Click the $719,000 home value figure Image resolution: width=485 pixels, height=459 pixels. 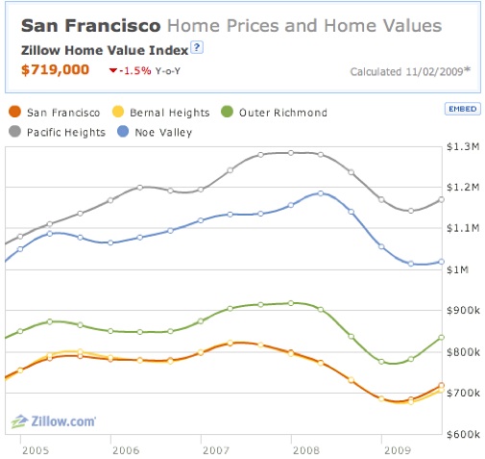tap(55, 69)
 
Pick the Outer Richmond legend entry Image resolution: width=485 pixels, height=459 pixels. tap(275, 112)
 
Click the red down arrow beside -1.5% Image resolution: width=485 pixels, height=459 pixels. tap(113, 70)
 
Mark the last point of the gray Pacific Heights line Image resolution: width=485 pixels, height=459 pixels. tap(441, 199)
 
